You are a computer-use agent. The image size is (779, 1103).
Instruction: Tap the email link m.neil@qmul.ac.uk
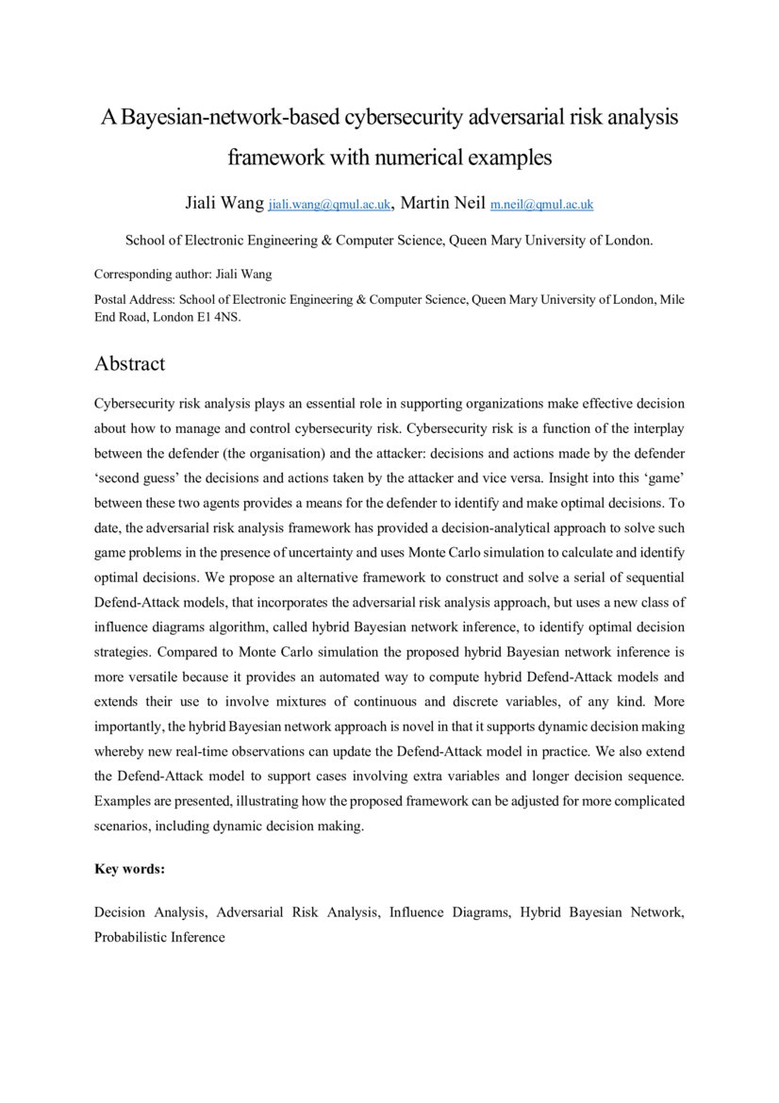click(x=541, y=205)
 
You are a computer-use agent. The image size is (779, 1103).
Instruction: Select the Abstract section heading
click(x=129, y=363)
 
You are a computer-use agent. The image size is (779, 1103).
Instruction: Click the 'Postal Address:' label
click(x=135, y=299)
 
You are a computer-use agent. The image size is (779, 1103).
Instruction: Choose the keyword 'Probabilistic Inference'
click(x=159, y=937)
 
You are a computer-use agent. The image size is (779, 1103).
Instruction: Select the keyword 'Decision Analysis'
click(x=150, y=913)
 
